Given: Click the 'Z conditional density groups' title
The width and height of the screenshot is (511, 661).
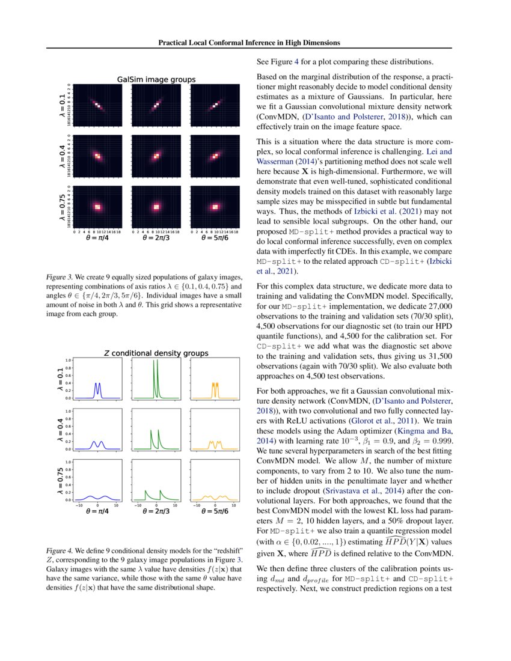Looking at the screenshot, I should click(156, 353).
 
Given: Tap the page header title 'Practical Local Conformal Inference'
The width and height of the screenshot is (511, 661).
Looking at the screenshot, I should click(249, 43).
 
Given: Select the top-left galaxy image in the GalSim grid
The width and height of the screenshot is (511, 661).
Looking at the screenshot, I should click(97, 105).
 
